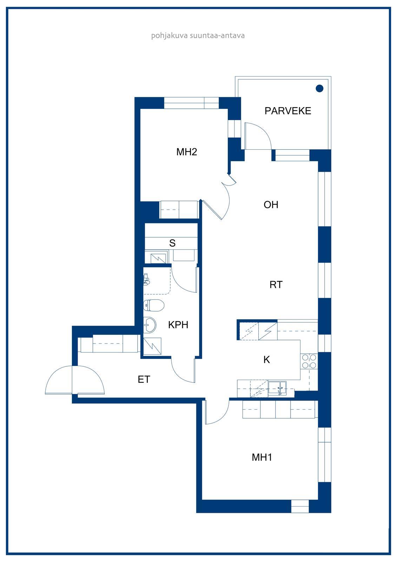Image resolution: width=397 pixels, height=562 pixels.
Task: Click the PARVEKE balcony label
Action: tap(287, 111)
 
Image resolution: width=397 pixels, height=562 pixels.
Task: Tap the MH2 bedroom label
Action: tap(187, 152)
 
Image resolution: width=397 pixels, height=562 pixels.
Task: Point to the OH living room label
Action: tap(271, 205)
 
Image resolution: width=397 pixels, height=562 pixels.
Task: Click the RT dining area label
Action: tap(276, 285)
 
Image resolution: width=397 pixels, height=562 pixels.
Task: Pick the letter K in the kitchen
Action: tap(266, 360)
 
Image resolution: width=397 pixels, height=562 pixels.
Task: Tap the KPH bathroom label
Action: tap(178, 325)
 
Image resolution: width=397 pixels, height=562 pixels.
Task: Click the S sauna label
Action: tap(172, 243)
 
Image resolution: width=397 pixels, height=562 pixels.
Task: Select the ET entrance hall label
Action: tap(144, 379)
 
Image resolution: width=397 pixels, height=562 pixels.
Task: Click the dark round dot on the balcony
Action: tap(319, 88)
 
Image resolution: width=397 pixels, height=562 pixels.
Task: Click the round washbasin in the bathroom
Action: tap(150, 325)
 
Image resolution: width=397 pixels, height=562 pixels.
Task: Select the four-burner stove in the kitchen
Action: tap(309, 361)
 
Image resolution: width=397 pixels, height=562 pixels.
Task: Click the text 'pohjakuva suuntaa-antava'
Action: tap(198, 35)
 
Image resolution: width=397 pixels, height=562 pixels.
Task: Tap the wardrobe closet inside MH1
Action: tap(279, 409)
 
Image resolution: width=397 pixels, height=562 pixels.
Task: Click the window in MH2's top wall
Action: tap(192, 103)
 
